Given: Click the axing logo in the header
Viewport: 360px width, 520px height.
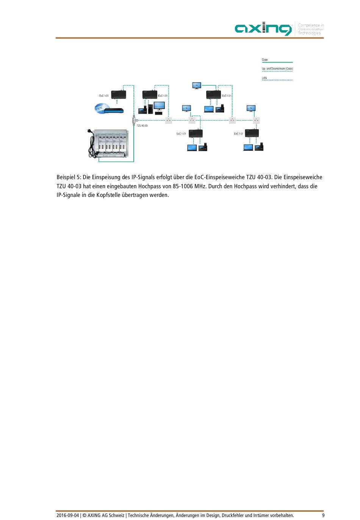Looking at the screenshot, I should (264, 29).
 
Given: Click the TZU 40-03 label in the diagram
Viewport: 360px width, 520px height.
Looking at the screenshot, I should (142, 125).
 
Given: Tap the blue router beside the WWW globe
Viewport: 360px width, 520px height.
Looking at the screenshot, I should (114, 111).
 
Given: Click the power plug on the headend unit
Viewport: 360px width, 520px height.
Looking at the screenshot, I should (90, 132).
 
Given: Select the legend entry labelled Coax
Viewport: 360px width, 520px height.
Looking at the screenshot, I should (265, 60).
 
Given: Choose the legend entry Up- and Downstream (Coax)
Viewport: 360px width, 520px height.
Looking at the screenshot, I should (277, 69).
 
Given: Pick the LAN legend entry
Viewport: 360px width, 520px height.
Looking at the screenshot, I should (265, 78).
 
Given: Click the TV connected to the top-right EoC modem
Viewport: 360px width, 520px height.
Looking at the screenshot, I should (196, 86).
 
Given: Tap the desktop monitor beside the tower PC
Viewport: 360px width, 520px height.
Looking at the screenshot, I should (159, 106).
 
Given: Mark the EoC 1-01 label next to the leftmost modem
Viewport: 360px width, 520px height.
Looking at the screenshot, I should (104, 96).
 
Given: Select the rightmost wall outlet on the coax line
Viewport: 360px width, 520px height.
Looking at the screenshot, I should (257, 120).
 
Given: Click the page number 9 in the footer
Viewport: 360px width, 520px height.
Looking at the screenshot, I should (323, 515).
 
